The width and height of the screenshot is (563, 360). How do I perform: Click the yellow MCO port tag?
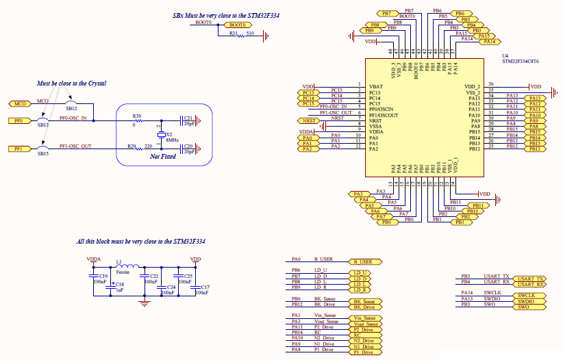[x=16, y=103]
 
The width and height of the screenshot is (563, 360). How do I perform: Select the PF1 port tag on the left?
[x=18, y=149]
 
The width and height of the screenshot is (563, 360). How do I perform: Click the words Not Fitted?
[x=162, y=157]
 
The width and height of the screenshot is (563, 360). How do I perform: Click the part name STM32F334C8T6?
[x=520, y=62]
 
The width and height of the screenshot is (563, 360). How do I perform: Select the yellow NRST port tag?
[x=309, y=120]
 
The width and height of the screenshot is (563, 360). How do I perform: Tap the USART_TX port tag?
[x=531, y=279]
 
